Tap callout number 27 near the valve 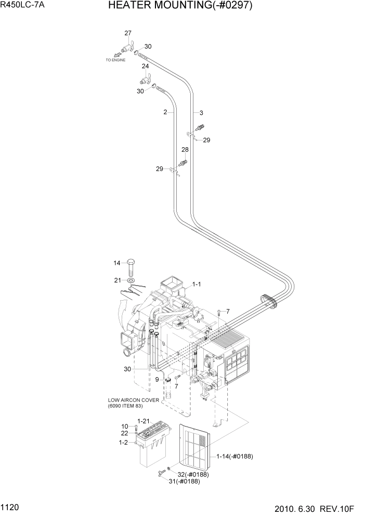128,33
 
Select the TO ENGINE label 115,60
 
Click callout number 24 146,67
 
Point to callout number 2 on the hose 165,112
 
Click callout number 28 185,150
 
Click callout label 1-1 197,285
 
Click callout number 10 125,427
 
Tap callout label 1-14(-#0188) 234,456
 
